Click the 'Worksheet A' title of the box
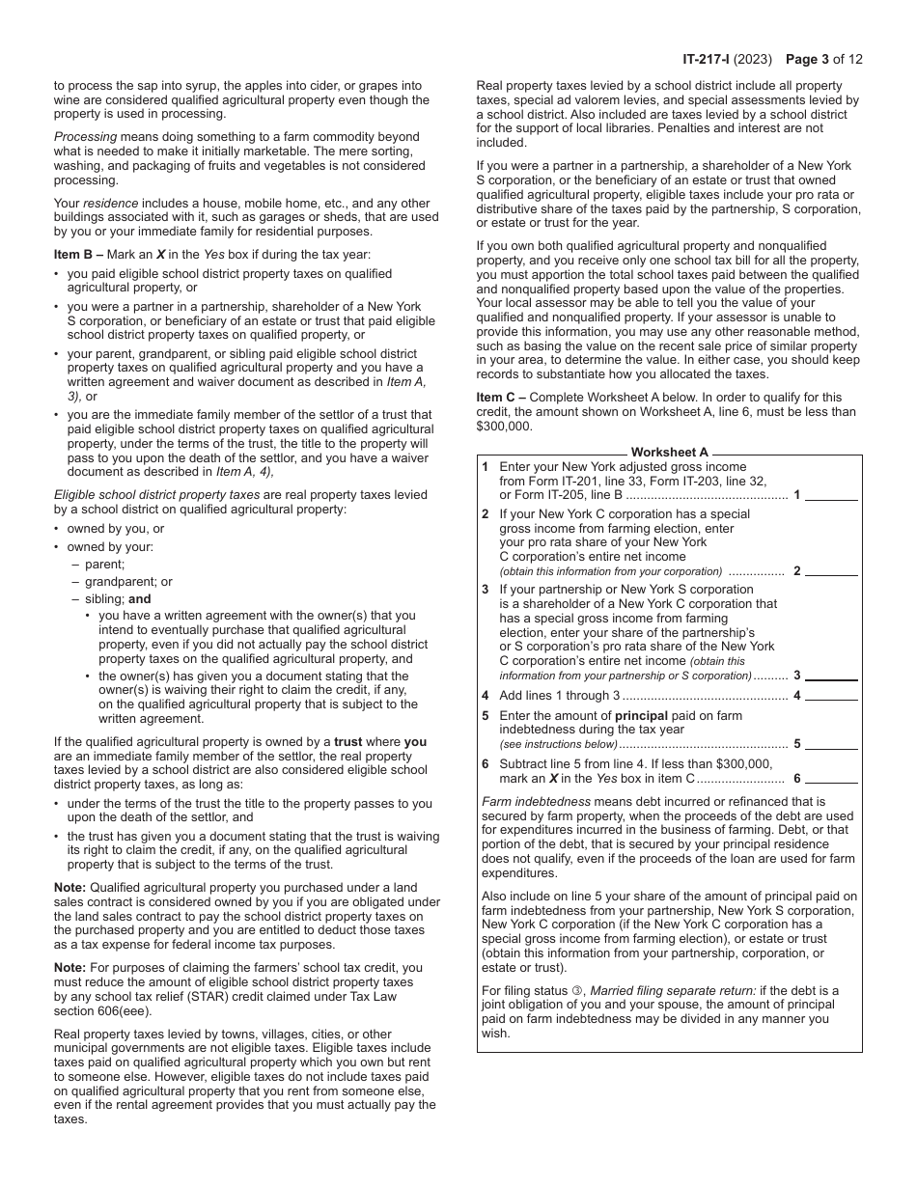point(669,453)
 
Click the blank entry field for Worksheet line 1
point(831,494)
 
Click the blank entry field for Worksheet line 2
point(831,569)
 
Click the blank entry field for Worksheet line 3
point(831,675)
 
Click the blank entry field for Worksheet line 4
point(831,695)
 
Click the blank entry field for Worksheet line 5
point(831,743)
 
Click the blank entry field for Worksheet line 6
point(831,778)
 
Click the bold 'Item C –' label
point(501,397)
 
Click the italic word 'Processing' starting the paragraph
point(85,137)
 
